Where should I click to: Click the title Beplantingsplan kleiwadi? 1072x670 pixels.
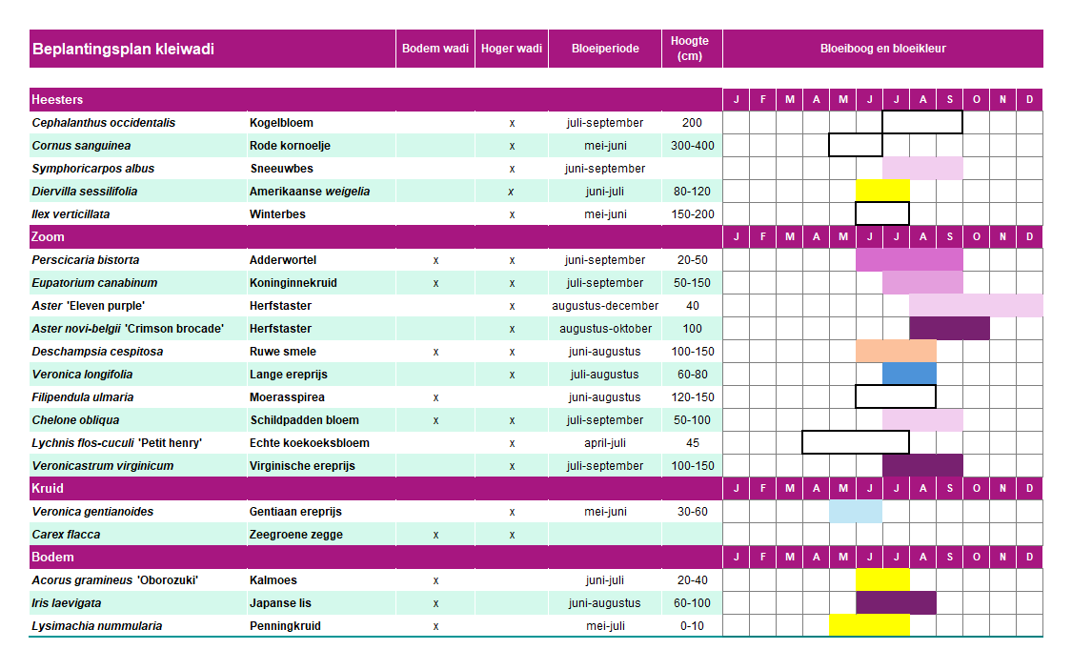coord(123,49)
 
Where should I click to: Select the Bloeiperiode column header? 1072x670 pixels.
coord(605,49)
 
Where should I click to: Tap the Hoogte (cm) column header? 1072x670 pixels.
coord(690,49)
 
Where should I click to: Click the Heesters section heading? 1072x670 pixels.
coord(57,100)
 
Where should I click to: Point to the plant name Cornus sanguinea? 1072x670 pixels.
coord(81,146)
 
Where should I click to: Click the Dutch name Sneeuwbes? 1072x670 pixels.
coord(281,169)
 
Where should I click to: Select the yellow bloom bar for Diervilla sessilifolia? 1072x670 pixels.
coord(882,192)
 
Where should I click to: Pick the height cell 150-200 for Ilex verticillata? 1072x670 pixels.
coord(692,214)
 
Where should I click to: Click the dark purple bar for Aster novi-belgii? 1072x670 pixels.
coord(949,329)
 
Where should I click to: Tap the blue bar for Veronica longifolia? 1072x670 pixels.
coord(909,375)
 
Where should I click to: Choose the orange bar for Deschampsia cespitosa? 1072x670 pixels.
coord(896,352)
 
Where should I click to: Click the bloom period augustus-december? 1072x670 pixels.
coord(605,306)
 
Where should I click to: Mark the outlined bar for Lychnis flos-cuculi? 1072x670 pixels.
coord(856,443)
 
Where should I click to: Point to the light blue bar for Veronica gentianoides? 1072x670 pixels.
coord(856,512)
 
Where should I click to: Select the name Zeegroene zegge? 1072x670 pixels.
coord(295,535)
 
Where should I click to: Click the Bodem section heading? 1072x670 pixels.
coord(52,558)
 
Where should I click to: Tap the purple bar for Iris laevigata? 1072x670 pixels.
coord(896,603)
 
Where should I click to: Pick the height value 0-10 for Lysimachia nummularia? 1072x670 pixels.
coord(692,626)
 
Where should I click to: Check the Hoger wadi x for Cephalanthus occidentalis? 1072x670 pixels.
coord(512,123)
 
